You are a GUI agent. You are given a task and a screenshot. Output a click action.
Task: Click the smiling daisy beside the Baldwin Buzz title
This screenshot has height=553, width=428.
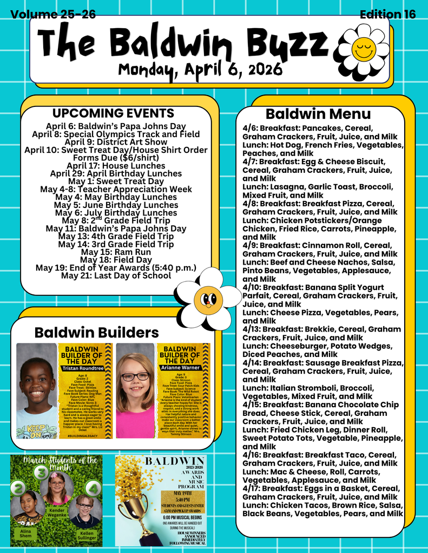pos(363,49)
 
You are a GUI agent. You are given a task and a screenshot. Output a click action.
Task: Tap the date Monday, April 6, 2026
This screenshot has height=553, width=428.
pos(200,69)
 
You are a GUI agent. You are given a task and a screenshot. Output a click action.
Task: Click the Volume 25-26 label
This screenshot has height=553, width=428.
pos(53,15)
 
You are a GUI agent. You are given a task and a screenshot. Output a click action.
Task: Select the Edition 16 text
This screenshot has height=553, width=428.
pos(387,15)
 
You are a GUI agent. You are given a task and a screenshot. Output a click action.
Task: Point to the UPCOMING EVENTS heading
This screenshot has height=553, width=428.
pos(113,113)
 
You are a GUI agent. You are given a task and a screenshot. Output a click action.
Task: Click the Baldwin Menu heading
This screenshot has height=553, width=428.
pos(318,114)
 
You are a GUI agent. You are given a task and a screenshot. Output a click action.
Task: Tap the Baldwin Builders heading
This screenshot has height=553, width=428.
pos(96,332)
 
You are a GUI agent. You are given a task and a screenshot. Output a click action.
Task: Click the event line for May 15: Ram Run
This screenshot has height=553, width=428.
pos(116,252)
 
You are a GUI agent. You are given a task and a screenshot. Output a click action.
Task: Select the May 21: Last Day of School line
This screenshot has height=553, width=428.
pos(116,276)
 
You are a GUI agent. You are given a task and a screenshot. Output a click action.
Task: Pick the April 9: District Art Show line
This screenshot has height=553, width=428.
pos(116,142)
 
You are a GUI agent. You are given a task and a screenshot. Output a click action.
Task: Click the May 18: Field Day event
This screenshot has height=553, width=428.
pos(116,260)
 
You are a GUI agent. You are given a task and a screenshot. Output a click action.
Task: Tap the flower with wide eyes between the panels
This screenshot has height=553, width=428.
pos(208,298)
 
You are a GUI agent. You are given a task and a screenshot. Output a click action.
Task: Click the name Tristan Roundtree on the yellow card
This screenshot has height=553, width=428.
pos(82,369)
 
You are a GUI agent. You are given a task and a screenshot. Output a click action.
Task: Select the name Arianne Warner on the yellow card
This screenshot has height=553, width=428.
pos(180,369)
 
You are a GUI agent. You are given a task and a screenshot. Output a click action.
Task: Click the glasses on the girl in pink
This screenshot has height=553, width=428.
pos(135,376)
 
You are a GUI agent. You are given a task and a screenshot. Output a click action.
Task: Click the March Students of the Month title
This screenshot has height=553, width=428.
pos(56,463)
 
